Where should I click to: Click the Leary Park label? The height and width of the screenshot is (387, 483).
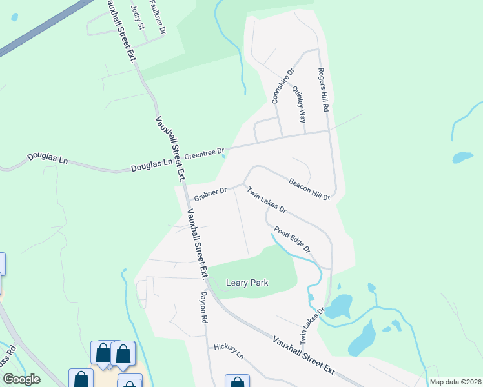[247, 283]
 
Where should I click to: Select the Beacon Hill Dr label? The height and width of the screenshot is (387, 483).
[309, 189]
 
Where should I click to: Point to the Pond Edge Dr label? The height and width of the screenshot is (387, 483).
[293, 239]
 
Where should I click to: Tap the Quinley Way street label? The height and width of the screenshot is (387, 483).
[299, 104]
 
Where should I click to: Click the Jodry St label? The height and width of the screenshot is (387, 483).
[136, 16]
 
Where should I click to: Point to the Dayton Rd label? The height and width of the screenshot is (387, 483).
[203, 306]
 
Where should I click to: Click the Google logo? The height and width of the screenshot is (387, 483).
[21, 379]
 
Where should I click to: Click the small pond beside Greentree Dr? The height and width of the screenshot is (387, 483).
[223, 153]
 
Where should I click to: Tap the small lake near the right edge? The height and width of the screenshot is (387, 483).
[462, 157]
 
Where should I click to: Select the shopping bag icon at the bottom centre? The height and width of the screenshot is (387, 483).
[237, 382]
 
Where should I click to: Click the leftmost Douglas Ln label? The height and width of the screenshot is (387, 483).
[47, 158]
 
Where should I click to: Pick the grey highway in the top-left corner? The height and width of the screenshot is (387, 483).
[39, 29]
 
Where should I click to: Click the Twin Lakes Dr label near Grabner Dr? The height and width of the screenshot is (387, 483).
[267, 200]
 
